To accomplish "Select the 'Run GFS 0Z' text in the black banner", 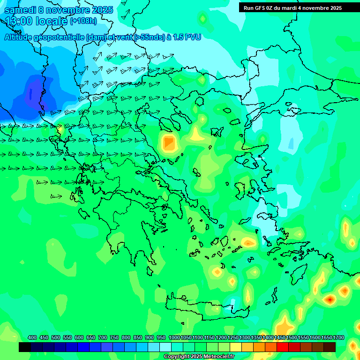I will click(258, 8).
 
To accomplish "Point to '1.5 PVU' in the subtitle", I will click(187, 37).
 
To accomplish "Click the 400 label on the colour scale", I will click(32, 338).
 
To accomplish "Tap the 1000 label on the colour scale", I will click(174, 338).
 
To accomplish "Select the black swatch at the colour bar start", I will click(25, 347).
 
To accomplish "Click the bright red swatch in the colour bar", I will click(283, 347).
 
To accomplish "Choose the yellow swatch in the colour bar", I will click(236, 347).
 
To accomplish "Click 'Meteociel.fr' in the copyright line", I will click(218, 357).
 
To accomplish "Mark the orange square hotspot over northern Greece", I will click(169, 143).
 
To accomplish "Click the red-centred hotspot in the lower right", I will click(330, 299).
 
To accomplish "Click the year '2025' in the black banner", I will click(334, 8).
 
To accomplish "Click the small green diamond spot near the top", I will click(202, 19).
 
